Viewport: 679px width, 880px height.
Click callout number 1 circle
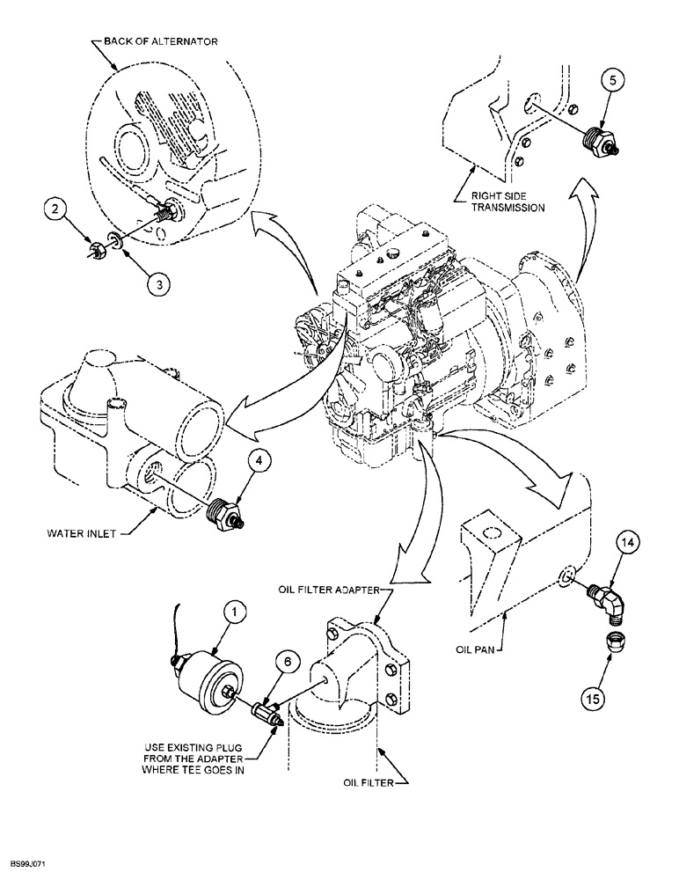pyautogui.click(x=235, y=608)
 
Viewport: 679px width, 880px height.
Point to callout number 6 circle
pyautogui.click(x=286, y=657)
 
